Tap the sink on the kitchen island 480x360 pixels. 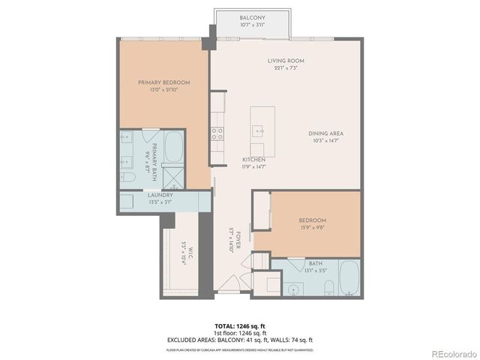(x=259, y=131)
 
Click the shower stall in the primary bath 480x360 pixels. (x=173, y=177)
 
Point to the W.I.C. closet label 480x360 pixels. (x=182, y=256)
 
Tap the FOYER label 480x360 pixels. (x=235, y=242)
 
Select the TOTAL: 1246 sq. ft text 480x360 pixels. (x=240, y=326)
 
